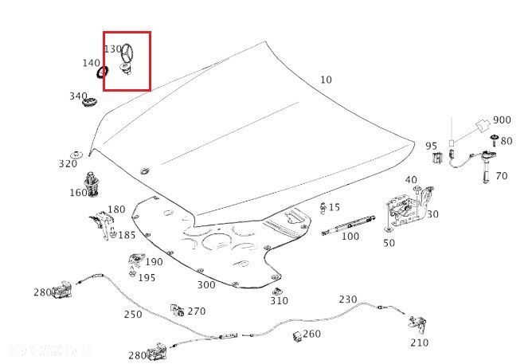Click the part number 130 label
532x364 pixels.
(x=114, y=49)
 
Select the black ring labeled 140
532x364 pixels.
(x=103, y=72)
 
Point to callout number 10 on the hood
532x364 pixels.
(x=326, y=80)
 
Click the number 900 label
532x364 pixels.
(x=502, y=120)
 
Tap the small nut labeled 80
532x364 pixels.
(x=493, y=141)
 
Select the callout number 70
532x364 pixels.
(x=501, y=175)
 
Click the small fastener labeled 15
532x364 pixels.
(x=323, y=209)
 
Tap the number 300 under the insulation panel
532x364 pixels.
(x=205, y=284)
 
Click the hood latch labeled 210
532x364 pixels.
(x=416, y=324)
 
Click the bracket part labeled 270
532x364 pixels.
(x=178, y=309)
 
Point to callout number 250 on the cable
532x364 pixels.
(x=132, y=314)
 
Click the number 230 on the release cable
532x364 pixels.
(x=348, y=299)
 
